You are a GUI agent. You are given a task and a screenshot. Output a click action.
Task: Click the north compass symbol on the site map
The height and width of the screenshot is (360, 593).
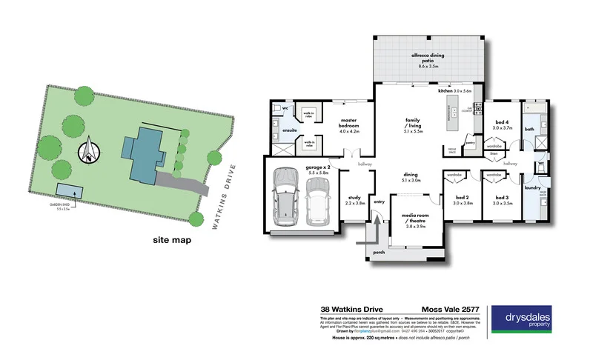88,150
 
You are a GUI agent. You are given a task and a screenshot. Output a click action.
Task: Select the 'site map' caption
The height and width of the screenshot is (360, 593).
172,240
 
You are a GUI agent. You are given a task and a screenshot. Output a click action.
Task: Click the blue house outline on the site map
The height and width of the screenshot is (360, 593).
145,155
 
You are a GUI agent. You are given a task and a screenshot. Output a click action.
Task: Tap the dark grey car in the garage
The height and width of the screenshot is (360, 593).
287,199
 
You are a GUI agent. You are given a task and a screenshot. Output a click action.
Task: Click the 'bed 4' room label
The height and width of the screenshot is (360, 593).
502,123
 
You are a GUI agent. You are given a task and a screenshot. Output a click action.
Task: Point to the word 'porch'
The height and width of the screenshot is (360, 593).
380,252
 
